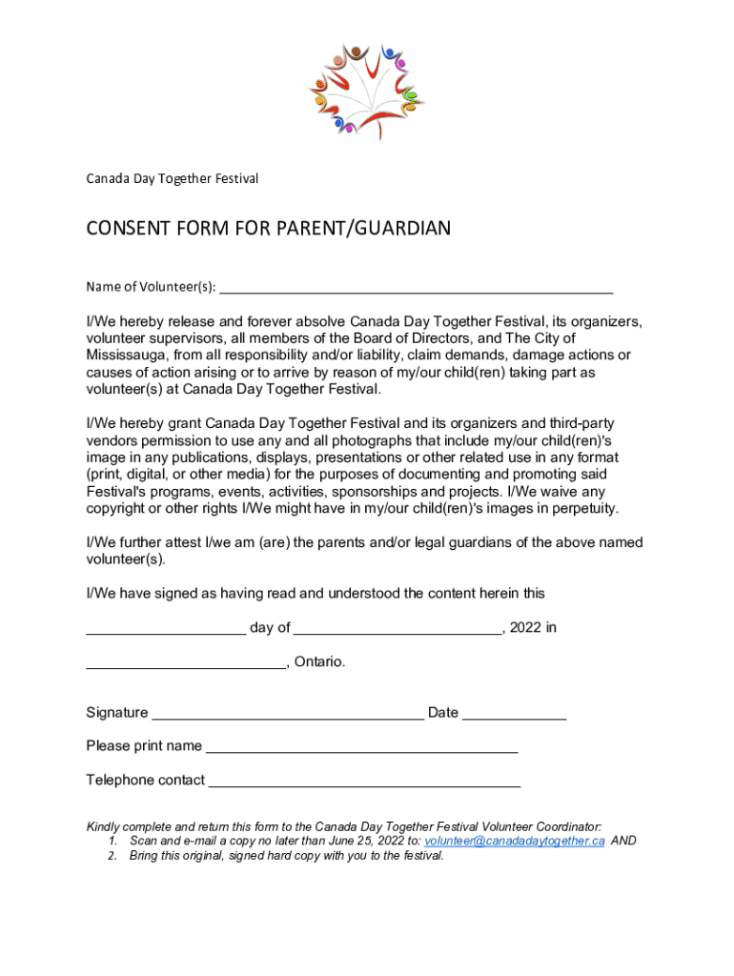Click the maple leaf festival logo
(x=368, y=91)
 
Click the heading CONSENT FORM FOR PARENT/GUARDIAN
(x=268, y=229)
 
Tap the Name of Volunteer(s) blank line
(x=416, y=288)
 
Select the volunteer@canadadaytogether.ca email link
(x=514, y=842)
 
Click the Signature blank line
(x=288, y=714)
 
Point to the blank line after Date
(x=514, y=714)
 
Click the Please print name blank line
(x=361, y=747)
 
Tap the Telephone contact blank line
(x=364, y=782)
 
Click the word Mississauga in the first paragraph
(x=128, y=355)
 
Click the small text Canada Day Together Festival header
(x=172, y=178)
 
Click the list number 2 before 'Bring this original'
(x=112, y=856)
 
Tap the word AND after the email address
(x=623, y=842)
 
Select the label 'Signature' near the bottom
(x=116, y=713)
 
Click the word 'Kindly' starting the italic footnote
(x=104, y=826)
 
